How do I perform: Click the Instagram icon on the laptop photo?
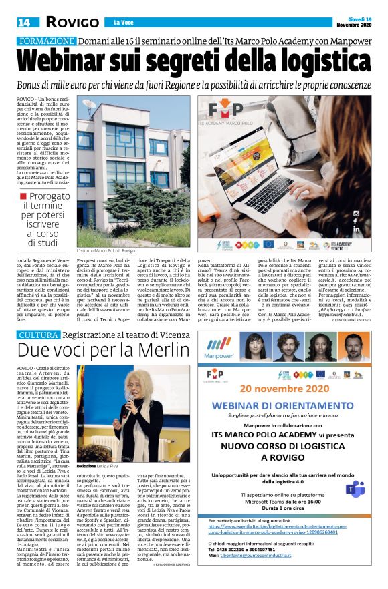(x=356, y=214)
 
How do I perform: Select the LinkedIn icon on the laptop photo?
(x=356, y=229)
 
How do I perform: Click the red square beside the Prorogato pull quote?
(x=24, y=196)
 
